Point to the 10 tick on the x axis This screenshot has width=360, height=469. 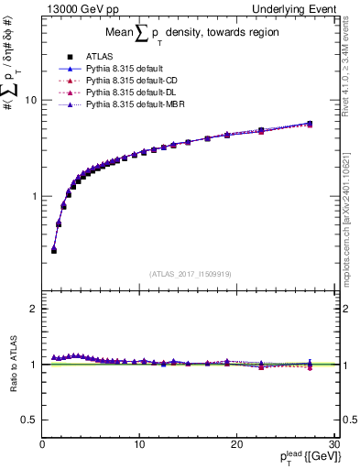click(139, 444)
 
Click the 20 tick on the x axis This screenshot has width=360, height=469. click(236, 444)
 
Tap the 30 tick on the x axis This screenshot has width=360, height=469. click(333, 444)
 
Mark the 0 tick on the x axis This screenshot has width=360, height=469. click(42, 444)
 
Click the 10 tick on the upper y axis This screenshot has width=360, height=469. click(29, 100)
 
